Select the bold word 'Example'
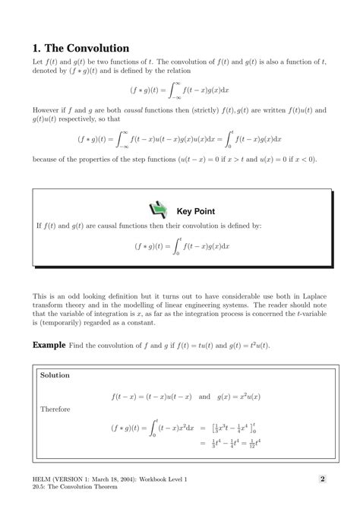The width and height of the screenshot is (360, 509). (x=49, y=345)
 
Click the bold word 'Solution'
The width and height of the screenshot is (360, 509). (x=55, y=375)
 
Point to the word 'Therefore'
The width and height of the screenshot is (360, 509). (x=55, y=409)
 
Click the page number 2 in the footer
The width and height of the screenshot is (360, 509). (x=322, y=479)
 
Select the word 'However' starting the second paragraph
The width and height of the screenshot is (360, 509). (x=48, y=110)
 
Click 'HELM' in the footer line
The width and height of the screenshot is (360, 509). (x=43, y=479)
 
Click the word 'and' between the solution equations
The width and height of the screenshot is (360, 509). (x=204, y=395)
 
